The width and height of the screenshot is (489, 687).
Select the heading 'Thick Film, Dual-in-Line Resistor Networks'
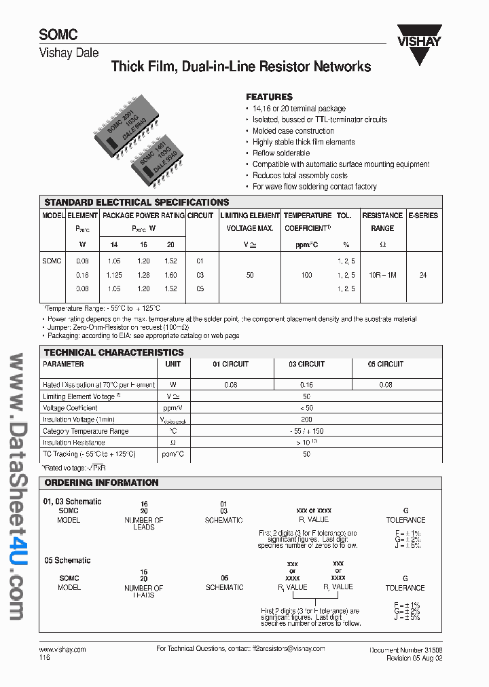point(240,67)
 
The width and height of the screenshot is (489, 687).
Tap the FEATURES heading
point(269,97)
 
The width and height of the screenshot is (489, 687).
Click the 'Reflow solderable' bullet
point(280,153)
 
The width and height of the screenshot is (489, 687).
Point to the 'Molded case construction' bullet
point(293,131)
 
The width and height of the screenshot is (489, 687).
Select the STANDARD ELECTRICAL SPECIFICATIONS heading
point(137,202)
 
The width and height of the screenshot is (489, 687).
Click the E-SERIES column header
point(423,215)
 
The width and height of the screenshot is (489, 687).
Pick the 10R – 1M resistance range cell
point(382,275)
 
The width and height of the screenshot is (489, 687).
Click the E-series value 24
point(423,275)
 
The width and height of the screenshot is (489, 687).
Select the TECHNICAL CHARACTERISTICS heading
point(114,352)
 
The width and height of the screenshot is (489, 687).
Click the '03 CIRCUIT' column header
point(306,365)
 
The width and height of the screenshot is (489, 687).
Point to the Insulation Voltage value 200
point(306,420)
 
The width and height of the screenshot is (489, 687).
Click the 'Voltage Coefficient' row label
point(71,409)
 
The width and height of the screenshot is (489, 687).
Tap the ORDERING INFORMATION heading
point(101,483)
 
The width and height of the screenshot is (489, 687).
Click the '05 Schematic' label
point(67,561)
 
